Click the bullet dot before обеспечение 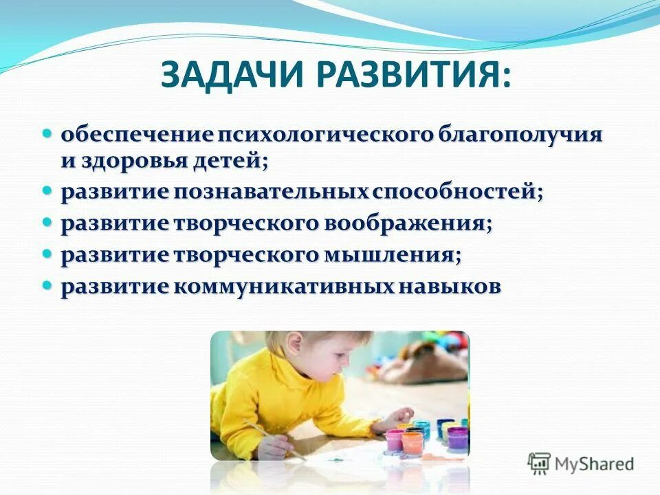click(x=47, y=131)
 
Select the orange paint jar click(x=413, y=439)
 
